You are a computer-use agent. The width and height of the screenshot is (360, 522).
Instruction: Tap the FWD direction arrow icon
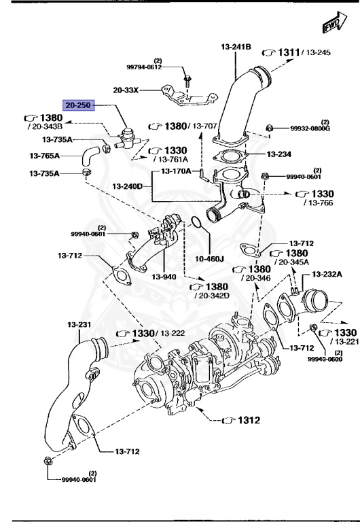(x=331, y=25)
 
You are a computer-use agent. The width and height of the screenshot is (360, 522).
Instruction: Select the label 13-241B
(x=236, y=47)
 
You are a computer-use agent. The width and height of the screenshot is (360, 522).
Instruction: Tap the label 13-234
(x=279, y=154)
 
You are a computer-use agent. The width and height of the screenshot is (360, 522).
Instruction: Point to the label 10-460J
(x=209, y=258)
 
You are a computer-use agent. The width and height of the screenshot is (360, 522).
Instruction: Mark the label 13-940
(x=164, y=277)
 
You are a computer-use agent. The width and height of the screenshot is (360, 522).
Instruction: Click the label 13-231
(x=78, y=325)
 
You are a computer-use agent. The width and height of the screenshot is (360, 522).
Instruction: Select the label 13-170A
(x=176, y=171)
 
